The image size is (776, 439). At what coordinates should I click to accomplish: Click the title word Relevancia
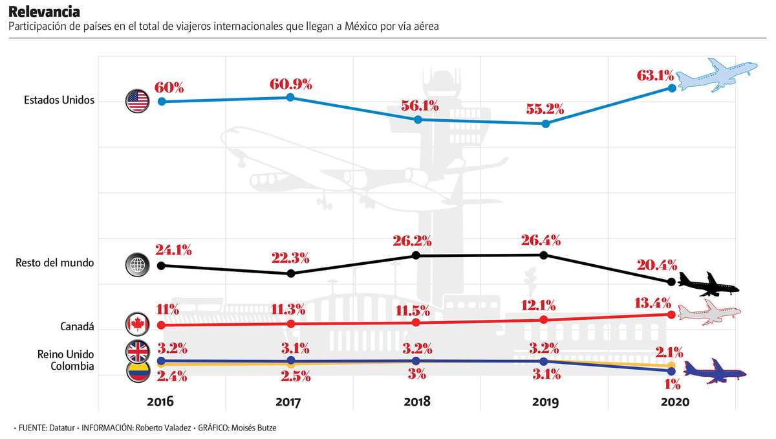(x=45, y=12)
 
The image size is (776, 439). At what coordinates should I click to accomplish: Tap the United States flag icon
(x=137, y=101)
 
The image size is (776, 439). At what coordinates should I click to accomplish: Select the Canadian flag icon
(x=137, y=324)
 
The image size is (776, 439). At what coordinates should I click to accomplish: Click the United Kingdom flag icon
(x=137, y=351)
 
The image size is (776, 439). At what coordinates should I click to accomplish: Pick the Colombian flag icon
(x=137, y=370)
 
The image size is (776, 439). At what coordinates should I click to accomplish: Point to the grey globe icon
(x=137, y=264)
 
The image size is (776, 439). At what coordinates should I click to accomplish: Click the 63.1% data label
(x=656, y=75)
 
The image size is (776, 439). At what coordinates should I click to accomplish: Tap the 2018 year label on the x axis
(x=417, y=401)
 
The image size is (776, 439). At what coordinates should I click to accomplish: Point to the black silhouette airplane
(x=708, y=285)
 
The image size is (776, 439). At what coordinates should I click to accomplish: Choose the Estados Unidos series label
(x=59, y=100)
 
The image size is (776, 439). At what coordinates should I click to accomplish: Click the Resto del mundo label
(x=55, y=263)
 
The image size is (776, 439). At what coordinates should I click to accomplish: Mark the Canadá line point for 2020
(x=671, y=315)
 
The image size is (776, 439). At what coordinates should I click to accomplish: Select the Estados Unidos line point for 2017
(x=290, y=97)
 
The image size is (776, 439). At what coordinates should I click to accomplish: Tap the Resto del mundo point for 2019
(x=544, y=255)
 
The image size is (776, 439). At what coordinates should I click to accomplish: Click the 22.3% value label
(x=290, y=258)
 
